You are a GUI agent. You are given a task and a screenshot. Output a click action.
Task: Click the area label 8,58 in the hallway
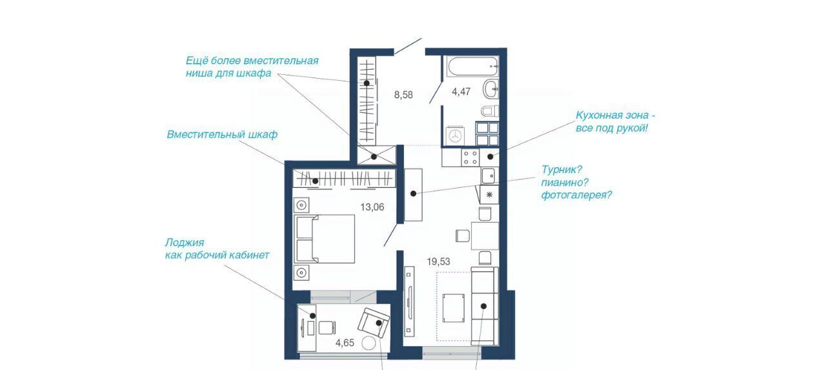[403, 95]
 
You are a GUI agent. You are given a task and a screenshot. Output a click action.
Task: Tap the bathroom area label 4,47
[461, 92]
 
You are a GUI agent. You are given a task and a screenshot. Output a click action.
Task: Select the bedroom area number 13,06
[372, 207]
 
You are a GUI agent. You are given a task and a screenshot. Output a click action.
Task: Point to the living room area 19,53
[438, 262]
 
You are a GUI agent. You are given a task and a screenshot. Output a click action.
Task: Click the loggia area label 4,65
[345, 343]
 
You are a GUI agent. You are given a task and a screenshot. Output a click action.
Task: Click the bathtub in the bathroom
[473, 67]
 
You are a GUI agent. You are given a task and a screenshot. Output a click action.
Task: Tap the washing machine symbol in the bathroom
[456, 136]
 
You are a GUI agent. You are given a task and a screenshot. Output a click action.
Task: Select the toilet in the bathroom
[490, 110]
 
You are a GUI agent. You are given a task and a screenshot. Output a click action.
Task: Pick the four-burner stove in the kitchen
[470, 158]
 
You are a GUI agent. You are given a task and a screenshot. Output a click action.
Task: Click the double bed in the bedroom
[325, 239]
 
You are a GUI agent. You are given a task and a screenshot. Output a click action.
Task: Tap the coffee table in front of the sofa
[454, 308]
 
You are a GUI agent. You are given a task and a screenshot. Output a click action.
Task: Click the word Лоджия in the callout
[185, 243]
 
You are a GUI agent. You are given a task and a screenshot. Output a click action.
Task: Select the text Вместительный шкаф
[222, 135]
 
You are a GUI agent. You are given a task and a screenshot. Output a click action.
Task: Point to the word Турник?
[561, 170]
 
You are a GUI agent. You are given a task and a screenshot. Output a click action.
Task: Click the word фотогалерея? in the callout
[576, 195]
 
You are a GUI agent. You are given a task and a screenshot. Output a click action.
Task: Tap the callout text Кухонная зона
[612, 116]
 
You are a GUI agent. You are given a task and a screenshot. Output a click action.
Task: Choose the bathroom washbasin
[491, 89]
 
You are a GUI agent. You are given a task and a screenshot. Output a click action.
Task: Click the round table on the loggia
[368, 344]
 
